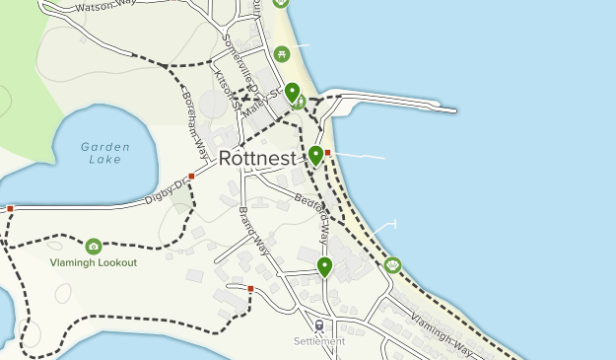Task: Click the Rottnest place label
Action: pos(256,158)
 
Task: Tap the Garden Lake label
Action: pos(102,153)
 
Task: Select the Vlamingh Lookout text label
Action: pos(94,263)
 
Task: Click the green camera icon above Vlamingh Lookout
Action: pos(94,246)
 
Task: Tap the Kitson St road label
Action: pos(226,84)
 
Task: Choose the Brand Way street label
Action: pos(253,226)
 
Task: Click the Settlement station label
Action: pos(318,342)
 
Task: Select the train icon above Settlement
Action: pos(318,324)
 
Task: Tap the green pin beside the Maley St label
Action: pos(293,94)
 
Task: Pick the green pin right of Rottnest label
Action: pos(315,155)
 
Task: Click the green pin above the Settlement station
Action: pos(324,266)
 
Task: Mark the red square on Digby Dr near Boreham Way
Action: pos(191,177)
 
